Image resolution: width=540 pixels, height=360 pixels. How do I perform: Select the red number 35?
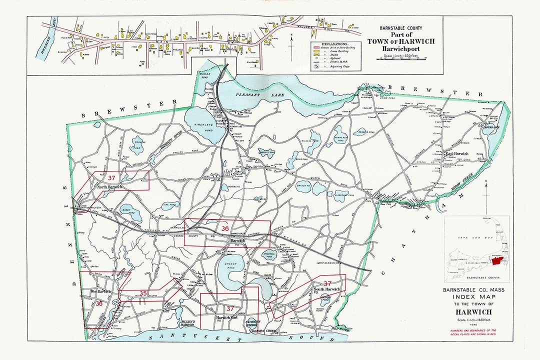[142, 293]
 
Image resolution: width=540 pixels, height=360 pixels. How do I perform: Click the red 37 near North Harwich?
[112, 177]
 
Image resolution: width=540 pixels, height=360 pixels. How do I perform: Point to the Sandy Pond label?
[126, 211]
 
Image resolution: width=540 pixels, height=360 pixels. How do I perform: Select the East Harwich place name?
[456, 153]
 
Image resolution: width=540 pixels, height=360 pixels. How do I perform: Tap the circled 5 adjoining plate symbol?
[316, 65]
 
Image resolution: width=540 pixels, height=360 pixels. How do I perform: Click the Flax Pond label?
[169, 204]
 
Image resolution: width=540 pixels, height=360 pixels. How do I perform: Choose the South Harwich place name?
[327, 289]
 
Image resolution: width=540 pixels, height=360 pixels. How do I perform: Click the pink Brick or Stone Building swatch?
[316, 48]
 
